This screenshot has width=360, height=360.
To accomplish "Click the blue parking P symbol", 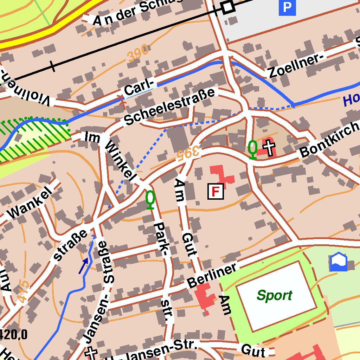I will pos(287,8).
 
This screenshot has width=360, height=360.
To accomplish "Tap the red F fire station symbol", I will pos(216,191).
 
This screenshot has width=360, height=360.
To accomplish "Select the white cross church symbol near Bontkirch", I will pos(270,148).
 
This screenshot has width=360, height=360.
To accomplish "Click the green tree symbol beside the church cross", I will pos(252,149).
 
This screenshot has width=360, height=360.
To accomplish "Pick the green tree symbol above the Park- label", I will pos(150,199).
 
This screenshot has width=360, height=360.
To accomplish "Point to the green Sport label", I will pos(274,296).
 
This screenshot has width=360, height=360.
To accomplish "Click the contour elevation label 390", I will pos(138,55).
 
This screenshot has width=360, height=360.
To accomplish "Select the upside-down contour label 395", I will pos(188,154).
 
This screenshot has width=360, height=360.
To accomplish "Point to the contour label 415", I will pos(22,291).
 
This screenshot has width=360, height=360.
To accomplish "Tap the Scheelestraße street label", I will pos(169,107).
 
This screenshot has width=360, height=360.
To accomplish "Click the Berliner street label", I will pos(212,276).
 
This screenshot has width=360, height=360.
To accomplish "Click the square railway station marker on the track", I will pos(228,7).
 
